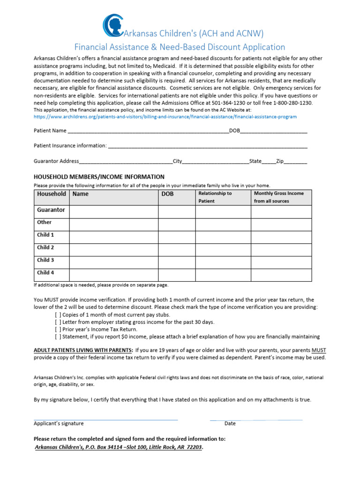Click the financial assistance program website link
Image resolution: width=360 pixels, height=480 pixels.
pyautogui.click(x=165, y=116)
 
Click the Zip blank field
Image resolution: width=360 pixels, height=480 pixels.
pyautogui.click(x=296, y=162)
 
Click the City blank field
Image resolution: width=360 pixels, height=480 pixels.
pyautogui.click(x=215, y=162)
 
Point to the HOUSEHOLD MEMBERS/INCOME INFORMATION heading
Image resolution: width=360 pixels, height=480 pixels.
pyautogui.click(x=99, y=177)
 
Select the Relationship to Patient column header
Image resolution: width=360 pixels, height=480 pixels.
pyautogui.click(x=223, y=197)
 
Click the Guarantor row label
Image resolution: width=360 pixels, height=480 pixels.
pyautogui.click(x=51, y=210)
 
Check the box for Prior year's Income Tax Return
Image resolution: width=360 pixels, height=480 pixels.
pyautogui.click(x=58, y=329)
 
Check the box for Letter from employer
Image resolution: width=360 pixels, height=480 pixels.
pyautogui.click(x=58, y=322)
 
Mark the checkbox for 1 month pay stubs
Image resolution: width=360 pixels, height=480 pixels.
pyautogui.click(x=58, y=315)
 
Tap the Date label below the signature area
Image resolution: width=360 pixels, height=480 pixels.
pyautogui.click(x=230, y=423)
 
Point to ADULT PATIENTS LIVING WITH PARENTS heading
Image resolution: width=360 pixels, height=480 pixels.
pyautogui.click(x=83, y=350)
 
